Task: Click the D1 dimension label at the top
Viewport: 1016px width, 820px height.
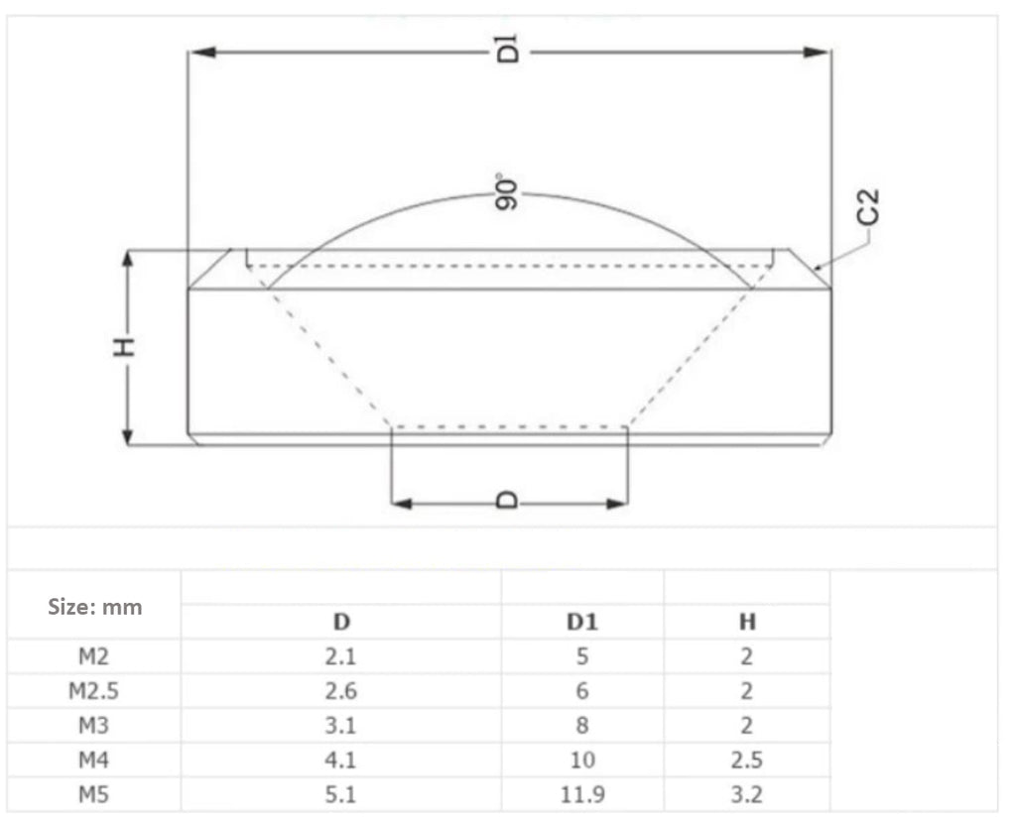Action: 509,49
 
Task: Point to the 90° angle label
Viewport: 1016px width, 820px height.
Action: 507,192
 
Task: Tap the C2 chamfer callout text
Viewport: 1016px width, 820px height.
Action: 867,206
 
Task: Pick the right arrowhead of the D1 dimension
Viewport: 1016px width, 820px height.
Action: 816,52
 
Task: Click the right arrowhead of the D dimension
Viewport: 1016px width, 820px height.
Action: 616,504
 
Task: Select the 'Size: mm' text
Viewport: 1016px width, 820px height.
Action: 94,607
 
